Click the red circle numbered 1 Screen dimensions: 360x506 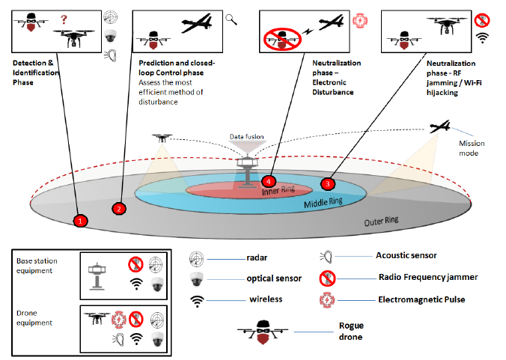82,221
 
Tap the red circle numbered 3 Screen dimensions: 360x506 327,183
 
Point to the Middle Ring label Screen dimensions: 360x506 323,204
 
